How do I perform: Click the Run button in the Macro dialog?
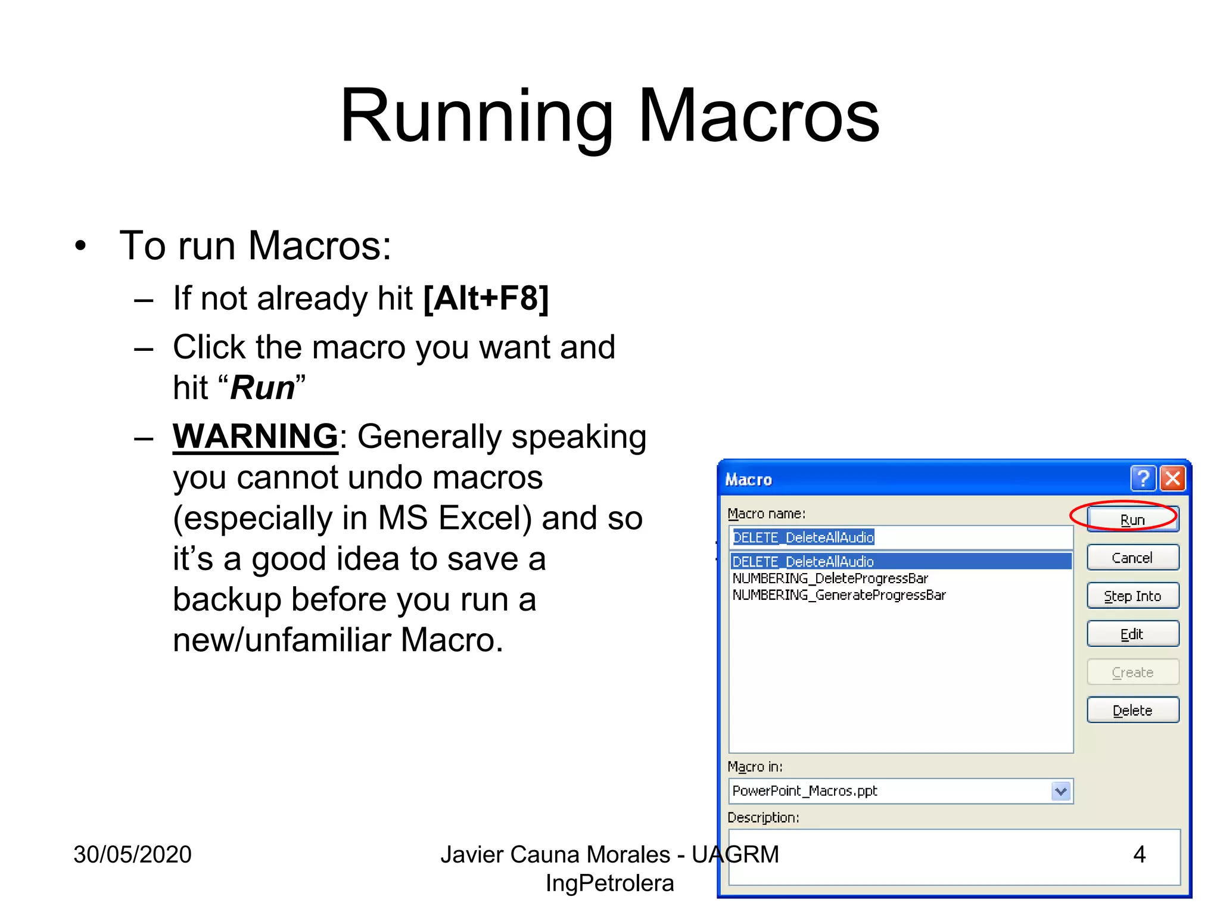click(x=1132, y=519)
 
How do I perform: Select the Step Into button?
click(x=1132, y=596)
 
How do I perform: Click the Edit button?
click(x=1132, y=634)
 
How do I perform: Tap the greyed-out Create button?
click(x=1132, y=672)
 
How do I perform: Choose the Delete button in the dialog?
click(x=1132, y=710)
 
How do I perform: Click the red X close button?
click(x=1173, y=478)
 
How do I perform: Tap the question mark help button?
click(x=1143, y=478)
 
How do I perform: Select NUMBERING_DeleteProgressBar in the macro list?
click(x=830, y=578)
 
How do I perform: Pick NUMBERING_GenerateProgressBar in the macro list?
click(x=839, y=595)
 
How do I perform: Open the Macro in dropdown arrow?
click(x=1061, y=791)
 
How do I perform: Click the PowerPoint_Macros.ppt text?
click(x=804, y=791)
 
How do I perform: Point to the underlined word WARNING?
click(x=255, y=436)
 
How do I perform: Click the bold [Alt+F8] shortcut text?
click(x=485, y=298)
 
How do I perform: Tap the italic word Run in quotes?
click(x=262, y=388)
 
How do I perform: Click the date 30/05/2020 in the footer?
click(x=132, y=854)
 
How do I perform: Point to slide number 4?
click(x=1139, y=854)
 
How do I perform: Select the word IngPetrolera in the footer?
click(x=609, y=883)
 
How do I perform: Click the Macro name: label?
click(x=766, y=513)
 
